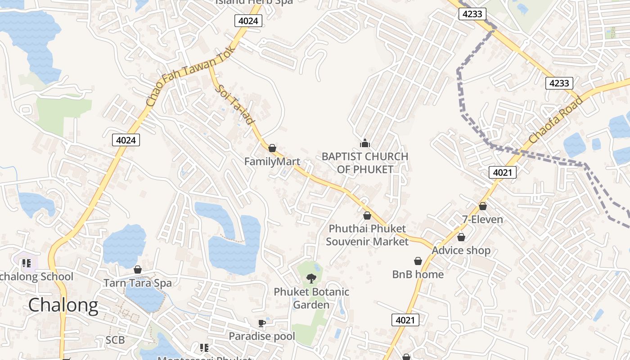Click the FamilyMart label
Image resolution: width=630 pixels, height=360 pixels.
[272, 161]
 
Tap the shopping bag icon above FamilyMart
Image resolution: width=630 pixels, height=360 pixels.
[272, 148]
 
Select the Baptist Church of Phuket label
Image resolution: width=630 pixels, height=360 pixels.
[364, 163]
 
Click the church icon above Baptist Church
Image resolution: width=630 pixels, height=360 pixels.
[364, 144]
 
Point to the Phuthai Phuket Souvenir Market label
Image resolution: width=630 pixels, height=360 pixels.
[367, 235]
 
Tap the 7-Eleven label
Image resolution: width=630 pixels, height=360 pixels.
[482, 220]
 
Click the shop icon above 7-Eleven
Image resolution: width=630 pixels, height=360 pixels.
[483, 206]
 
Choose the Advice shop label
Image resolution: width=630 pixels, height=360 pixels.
[461, 250]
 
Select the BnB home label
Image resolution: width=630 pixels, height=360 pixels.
[418, 274]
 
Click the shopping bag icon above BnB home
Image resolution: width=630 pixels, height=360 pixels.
[418, 261]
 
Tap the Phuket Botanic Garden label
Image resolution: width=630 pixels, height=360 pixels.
[311, 298]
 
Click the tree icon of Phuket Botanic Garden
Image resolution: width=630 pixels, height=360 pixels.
[311, 279]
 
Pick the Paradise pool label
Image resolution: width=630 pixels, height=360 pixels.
[262, 336]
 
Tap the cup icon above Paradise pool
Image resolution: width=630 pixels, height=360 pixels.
[261, 323]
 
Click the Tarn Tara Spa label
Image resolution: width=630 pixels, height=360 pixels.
[138, 283]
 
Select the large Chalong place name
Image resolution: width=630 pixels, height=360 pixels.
[63, 305]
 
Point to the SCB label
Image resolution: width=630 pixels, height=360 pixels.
[115, 340]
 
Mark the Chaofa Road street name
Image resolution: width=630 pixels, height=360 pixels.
[556, 119]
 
